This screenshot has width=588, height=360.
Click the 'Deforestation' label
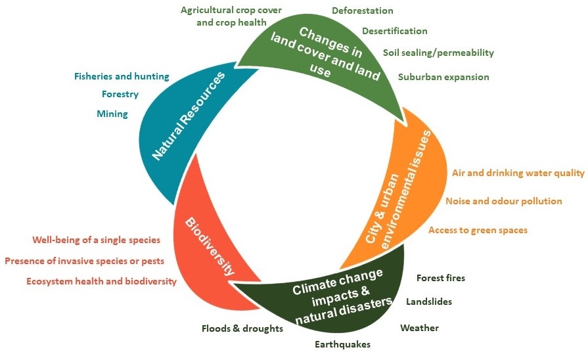pyautogui.click(x=363, y=11)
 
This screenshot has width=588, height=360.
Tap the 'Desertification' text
pyautogui.click(x=395, y=31)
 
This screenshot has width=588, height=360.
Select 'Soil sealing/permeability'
pyautogui.click(x=438, y=53)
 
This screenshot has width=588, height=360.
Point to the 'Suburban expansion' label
pyautogui.click(x=443, y=77)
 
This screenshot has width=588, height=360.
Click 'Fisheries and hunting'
pyautogui.click(x=122, y=76)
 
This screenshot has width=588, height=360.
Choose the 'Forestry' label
pyautogui.click(x=120, y=94)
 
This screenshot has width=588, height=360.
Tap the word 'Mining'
pyautogui.click(x=112, y=114)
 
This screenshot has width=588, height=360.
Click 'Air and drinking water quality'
pyautogui.click(x=518, y=173)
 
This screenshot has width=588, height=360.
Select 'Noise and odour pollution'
pyautogui.click(x=504, y=201)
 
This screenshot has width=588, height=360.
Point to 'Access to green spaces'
pyautogui.click(x=478, y=230)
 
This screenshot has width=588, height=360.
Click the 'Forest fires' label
pyautogui.click(x=441, y=278)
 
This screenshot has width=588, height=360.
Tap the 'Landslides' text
pyautogui.click(x=429, y=302)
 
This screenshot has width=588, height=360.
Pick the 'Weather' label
pyautogui.click(x=419, y=328)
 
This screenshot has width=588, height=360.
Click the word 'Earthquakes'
pyautogui.click(x=342, y=344)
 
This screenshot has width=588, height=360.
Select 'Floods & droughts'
pyautogui.click(x=242, y=328)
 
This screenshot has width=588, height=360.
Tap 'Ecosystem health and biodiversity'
pyautogui.click(x=102, y=281)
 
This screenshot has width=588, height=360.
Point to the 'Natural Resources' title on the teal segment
pyautogui.click(x=188, y=117)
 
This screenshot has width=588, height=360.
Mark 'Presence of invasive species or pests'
pyautogui.click(x=84, y=261)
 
